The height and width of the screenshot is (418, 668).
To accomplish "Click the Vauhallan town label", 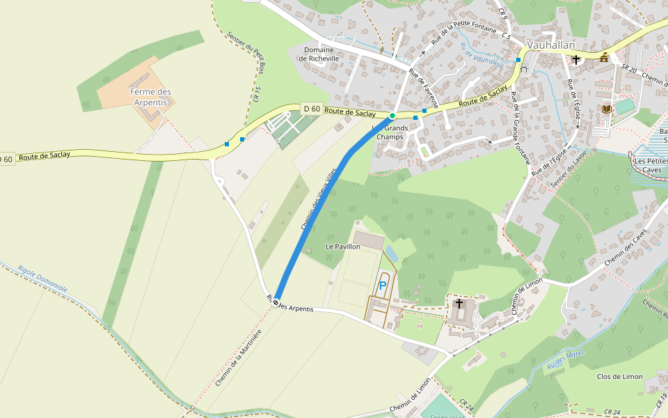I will pyautogui.click(x=551, y=45).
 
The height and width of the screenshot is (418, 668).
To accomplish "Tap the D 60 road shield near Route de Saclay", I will pyautogui.click(x=312, y=108).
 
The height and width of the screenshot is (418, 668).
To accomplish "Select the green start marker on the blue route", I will pyautogui.click(x=392, y=115).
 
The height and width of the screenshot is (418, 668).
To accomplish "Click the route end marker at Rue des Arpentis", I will pyautogui.click(x=276, y=302).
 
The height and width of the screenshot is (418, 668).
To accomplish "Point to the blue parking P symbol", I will pyautogui.click(x=382, y=285).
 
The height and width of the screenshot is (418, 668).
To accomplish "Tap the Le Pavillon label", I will pyautogui.click(x=343, y=247).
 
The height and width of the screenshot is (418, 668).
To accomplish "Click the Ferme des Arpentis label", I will pyautogui.click(x=150, y=97).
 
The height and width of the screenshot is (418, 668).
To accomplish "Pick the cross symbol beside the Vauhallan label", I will pyautogui.click(x=576, y=60).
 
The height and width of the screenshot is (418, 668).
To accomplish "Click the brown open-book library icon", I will pyautogui.click(x=607, y=109).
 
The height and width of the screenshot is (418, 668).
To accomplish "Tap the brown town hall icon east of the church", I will pyautogui.click(x=604, y=58).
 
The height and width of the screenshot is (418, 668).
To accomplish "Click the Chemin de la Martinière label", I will pyautogui.click(x=238, y=358).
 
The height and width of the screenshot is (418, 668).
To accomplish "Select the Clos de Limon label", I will pyautogui.click(x=620, y=376).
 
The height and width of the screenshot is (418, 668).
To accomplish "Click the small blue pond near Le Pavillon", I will pyautogui.click(x=391, y=254).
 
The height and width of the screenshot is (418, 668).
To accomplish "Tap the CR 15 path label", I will pyautogui.click(x=257, y=94).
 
